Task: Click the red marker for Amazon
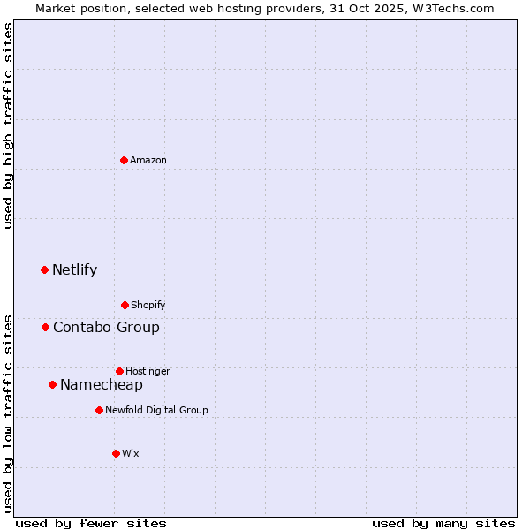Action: click(x=124, y=160)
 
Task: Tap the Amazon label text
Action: click(x=148, y=161)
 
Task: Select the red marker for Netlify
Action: click(x=44, y=269)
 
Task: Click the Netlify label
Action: click(x=74, y=270)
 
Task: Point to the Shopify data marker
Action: click(x=125, y=305)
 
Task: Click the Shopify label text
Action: click(x=148, y=306)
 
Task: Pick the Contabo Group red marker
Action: click(x=45, y=327)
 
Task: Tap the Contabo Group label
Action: click(x=106, y=328)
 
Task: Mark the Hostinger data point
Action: click(x=119, y=371)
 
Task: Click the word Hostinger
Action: click(x=148, y=372)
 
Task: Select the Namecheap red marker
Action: click(x=52, y=384)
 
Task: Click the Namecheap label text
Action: click(x=102, y=385)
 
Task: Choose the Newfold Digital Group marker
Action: click(x=99, y=410)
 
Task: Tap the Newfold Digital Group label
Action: click(x=156, y=411)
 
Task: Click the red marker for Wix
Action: click(x=116, y=453)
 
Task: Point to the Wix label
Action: click(x=131, y=454)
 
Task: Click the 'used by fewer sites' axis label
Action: click(x=91, y=523)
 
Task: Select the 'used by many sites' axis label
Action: click(x=443, y=523)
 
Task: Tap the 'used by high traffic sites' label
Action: click(x=8, y=125)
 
